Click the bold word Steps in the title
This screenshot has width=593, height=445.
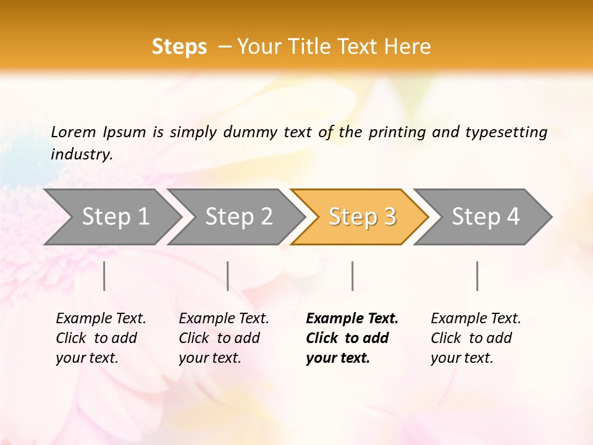coord(179,47)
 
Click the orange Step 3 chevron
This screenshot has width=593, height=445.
coord(362,216)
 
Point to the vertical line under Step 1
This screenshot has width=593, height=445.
coord(104,276)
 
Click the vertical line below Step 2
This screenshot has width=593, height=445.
coord(228,276)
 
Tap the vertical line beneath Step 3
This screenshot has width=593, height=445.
coord(352,276)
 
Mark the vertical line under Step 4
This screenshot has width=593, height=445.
coord(477,276)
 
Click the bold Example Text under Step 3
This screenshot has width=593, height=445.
coord(352,319)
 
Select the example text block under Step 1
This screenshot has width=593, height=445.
coord(101,338)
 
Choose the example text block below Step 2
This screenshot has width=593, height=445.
coord(224,338)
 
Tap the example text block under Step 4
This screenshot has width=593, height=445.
coord(476,338)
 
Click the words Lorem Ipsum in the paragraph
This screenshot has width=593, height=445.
coord(98,132)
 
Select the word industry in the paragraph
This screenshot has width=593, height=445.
coord(81,155)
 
